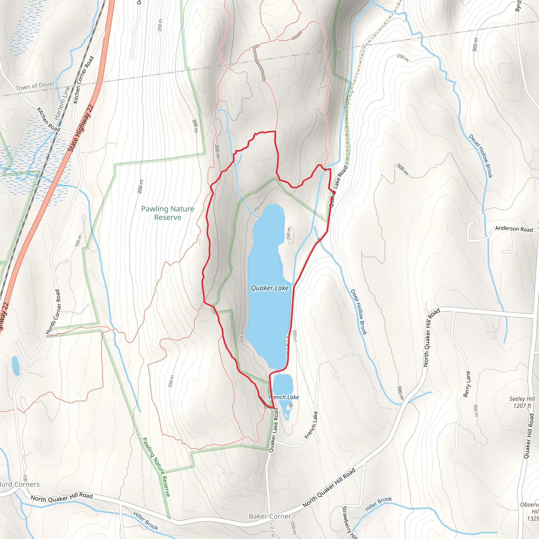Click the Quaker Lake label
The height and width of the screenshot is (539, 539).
pos(269,288)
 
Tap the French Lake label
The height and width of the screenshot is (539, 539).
pos(283,397)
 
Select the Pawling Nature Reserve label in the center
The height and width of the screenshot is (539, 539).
pos(168,213)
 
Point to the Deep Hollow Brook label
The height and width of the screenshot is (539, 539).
pos(358,312)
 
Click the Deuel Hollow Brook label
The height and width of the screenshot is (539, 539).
pos(480,156)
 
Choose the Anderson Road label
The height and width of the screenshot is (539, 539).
pos(514,229)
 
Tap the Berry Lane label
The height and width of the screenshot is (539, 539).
pos(466,384)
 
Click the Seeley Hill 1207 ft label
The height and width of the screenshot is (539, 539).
pos(522,402)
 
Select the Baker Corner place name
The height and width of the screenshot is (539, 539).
pos(270,516)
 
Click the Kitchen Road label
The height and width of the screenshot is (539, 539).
pos(48,119)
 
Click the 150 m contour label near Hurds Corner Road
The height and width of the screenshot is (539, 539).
pos(78,241)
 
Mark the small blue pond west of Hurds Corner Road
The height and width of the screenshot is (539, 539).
pos(15,365)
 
